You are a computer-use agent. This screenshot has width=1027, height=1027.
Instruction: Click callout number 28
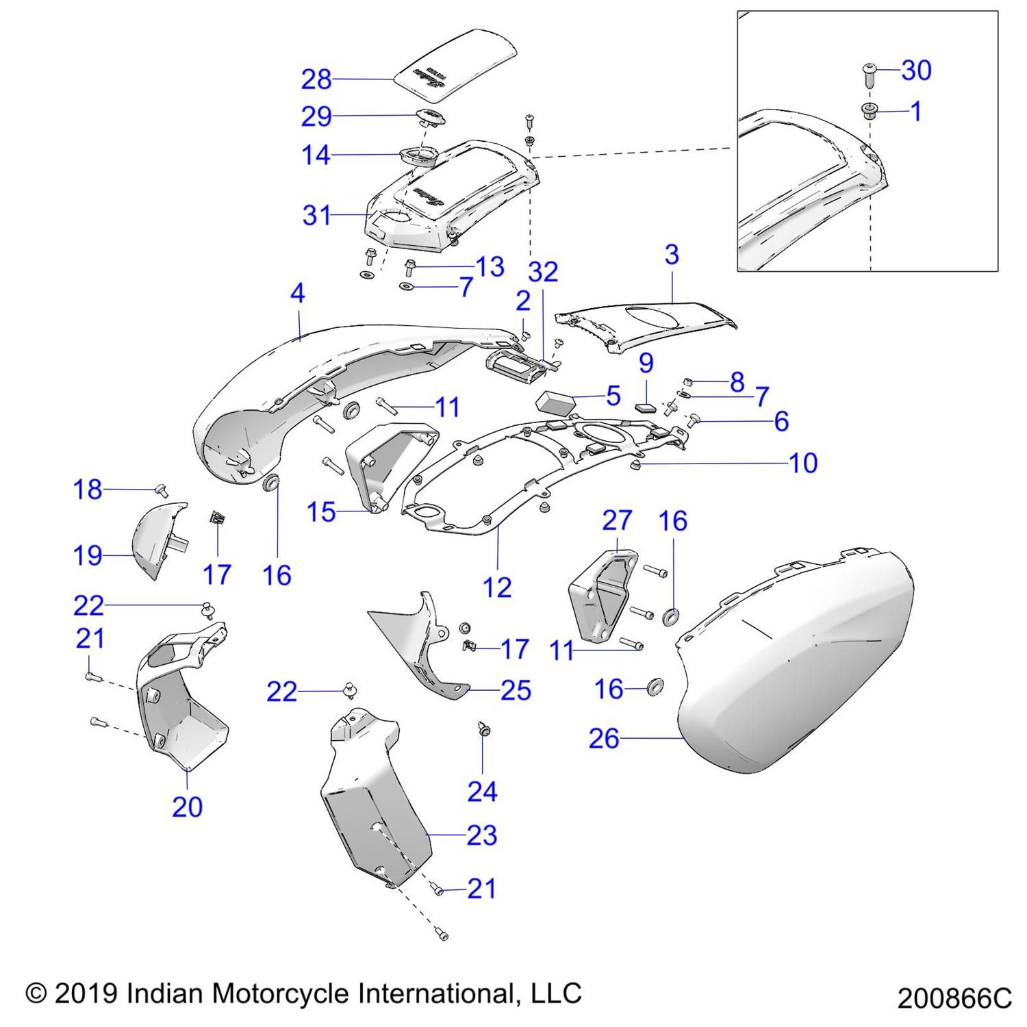coord(316,80)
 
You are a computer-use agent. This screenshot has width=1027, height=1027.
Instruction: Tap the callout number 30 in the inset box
coord(915,71)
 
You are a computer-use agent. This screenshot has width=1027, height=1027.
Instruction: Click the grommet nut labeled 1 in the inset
coord(869,110)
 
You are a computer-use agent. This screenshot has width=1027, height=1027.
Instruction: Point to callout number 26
coord(604,739)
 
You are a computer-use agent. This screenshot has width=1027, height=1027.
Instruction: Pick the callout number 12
coord(497,587)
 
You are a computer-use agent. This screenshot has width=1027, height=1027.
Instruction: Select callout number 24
coord(482,792)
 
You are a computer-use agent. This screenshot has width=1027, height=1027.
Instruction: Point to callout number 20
coord(187,807)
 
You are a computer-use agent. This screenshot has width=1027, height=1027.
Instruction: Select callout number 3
coord(672,255)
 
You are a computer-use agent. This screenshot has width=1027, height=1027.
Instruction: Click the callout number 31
coord(316,216)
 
